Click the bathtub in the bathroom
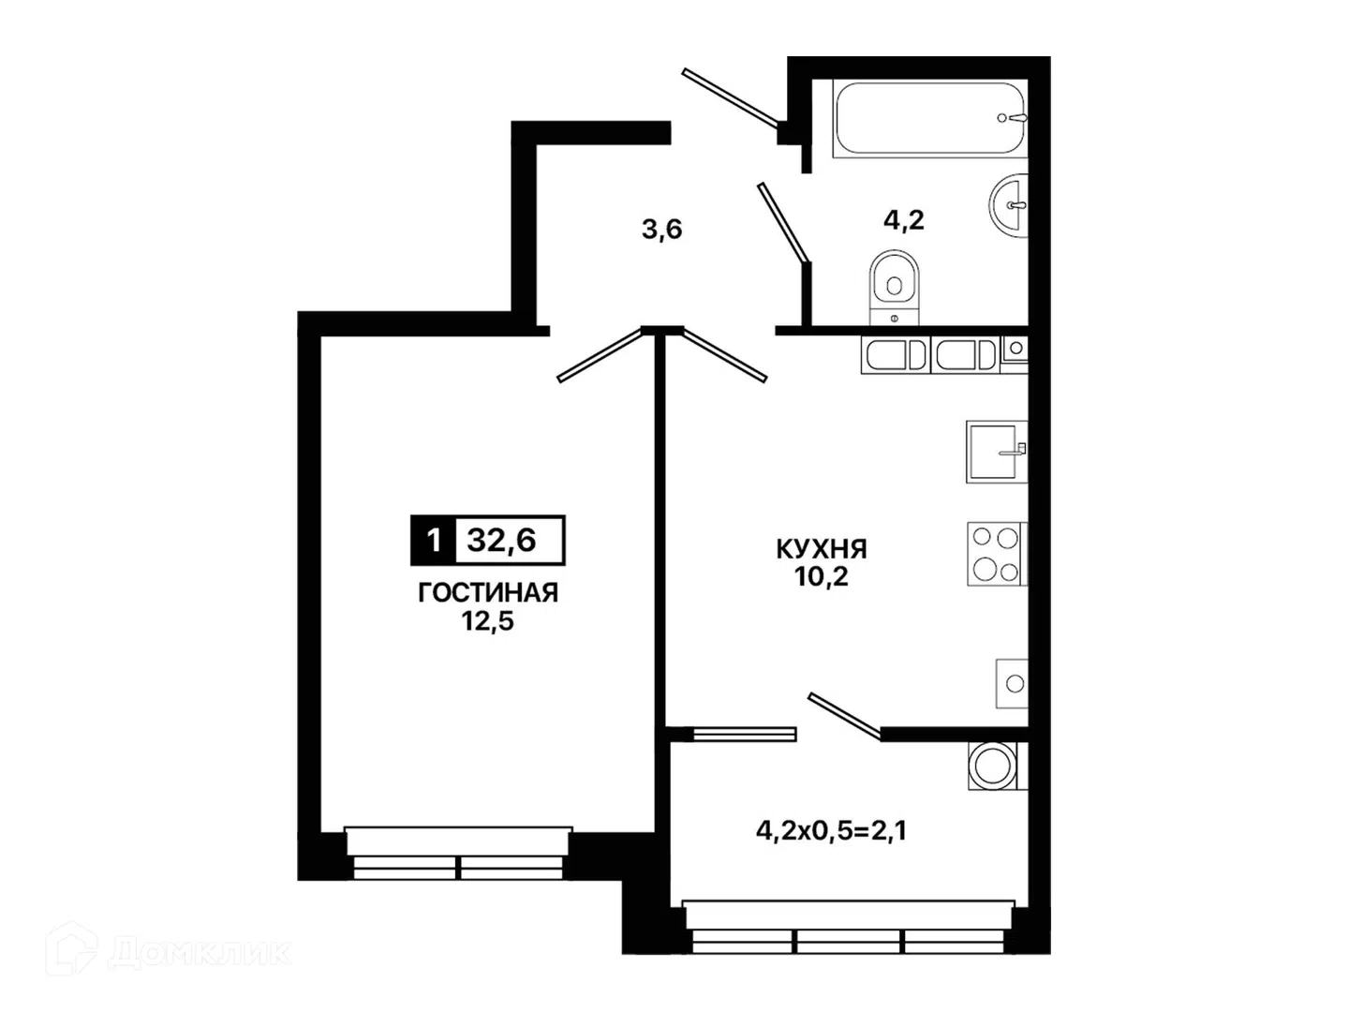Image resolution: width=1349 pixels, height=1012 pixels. click(928, 118)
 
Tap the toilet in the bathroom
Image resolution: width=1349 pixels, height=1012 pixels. click(895, 287)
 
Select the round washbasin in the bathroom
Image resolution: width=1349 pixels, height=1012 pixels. click(1009, 204)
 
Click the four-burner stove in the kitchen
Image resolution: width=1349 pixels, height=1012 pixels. click(997, 553)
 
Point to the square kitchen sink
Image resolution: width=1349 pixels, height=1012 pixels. click(996, 452)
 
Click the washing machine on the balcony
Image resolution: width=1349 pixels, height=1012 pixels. click(997, 766)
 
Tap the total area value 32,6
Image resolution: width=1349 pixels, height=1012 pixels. click(501, 540)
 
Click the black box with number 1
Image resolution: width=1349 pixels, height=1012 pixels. click(434, 540)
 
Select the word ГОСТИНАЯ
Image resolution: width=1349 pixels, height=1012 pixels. click(488, 593)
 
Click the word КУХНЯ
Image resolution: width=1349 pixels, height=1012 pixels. click(821, 549)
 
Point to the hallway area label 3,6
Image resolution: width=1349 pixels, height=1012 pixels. click(662, 230)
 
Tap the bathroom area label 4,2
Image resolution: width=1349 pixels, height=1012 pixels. click(904, 219)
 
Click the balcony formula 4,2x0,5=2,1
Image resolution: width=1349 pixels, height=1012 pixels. click(831, 831)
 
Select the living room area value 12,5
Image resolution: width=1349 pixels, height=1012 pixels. click(488, 621)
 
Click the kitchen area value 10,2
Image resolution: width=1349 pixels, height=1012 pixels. click(821, 576)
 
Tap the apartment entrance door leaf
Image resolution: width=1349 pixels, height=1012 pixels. click(730, 99)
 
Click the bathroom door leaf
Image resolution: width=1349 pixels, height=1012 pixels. click(783, 222)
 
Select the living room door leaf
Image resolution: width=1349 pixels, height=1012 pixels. click(600, 354)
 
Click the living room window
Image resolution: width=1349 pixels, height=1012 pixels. click(458, 854)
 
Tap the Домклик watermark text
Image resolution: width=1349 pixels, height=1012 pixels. click(199, 953)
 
